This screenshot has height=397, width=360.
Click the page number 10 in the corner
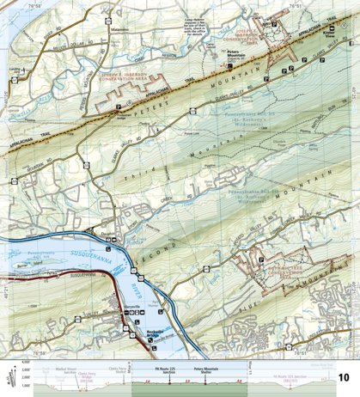(344, 377)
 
